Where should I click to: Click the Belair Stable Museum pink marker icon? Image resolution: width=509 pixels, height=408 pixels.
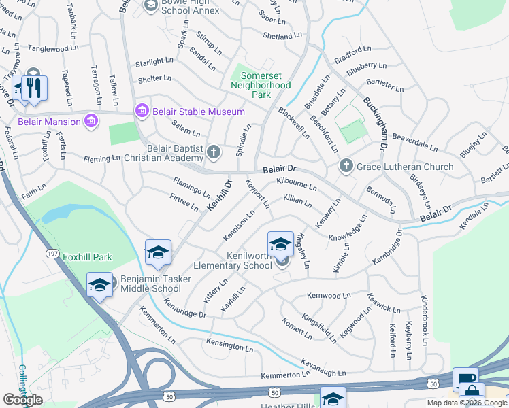pyautogui.click(x=142, y=111)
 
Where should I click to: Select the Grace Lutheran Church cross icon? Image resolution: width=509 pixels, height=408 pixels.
pyautogui.click(x=346, y=167)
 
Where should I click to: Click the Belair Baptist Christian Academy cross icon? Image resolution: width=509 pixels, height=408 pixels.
pyautogui.click(x=214, y=152)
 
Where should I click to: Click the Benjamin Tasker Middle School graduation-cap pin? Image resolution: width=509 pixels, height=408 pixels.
pyautogui.click(x=99, y=284)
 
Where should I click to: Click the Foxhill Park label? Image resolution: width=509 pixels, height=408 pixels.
pyautogui.click(x=87, y=257)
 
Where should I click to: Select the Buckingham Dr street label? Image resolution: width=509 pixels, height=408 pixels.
pyautogui.click(x=375, y=122)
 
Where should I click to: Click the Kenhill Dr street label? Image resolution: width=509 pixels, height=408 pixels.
pyautogui.click(x=219, y=193)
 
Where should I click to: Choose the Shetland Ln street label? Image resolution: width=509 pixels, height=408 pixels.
pyautogui.click(x=281, y=36)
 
